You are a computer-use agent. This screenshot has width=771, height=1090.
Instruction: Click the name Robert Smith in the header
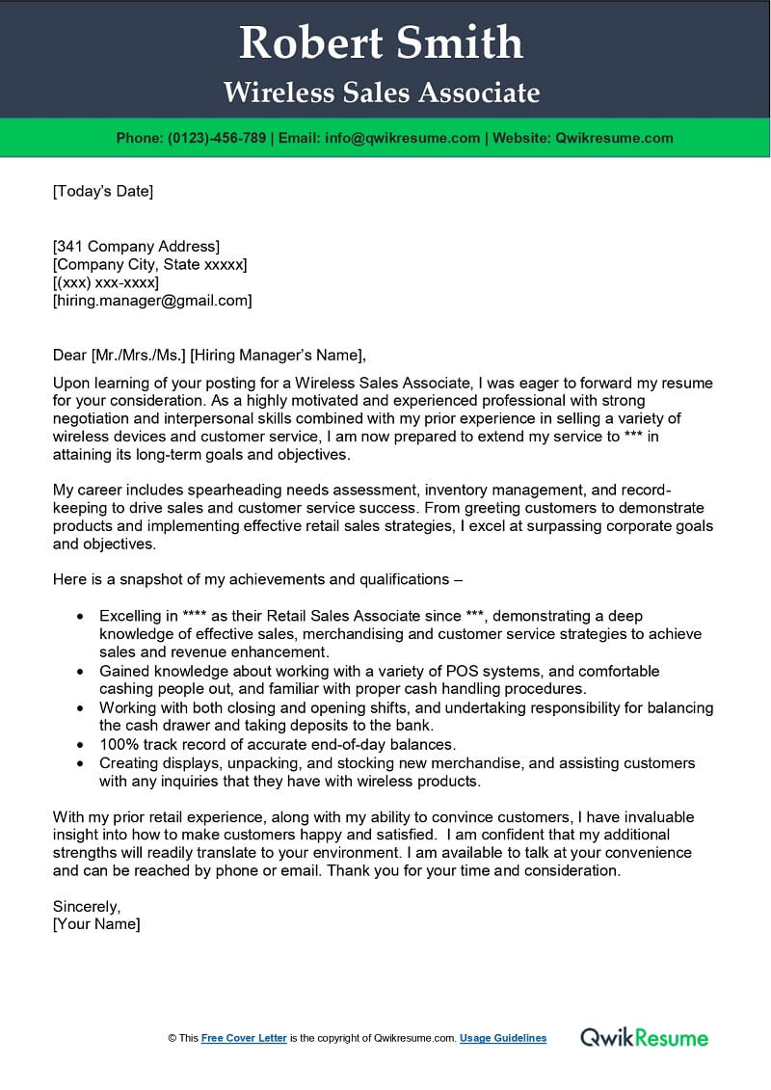(382, 42)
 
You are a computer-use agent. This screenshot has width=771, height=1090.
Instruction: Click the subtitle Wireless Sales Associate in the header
(382, 93)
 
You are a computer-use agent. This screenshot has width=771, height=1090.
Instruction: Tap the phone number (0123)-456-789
(217, 138)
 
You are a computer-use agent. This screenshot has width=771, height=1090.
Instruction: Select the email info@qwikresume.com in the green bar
(403, 138)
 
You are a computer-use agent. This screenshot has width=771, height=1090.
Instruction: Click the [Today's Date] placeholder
(102, 191)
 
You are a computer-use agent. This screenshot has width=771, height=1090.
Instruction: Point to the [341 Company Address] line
(136, 246)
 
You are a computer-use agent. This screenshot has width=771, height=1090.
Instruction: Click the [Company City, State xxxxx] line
(149, 264)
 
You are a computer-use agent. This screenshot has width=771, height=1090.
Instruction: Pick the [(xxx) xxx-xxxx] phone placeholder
(105, 282)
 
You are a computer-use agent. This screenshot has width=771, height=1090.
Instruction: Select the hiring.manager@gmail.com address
(152, 301)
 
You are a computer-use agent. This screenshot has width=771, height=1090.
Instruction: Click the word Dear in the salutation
(70, 355)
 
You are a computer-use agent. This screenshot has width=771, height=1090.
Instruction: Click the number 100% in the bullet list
(118, 744)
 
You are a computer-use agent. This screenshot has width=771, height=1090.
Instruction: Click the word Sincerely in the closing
(86, 906)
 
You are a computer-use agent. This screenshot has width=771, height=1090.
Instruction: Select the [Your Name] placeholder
(96, 924)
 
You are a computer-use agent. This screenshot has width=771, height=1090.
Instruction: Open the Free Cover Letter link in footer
(244, 1038)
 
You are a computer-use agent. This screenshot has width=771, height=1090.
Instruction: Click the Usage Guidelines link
(503, 1038)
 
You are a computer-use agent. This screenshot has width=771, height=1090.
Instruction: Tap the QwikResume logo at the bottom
(644, 1038)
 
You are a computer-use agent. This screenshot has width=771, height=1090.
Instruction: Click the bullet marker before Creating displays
(80, 762)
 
